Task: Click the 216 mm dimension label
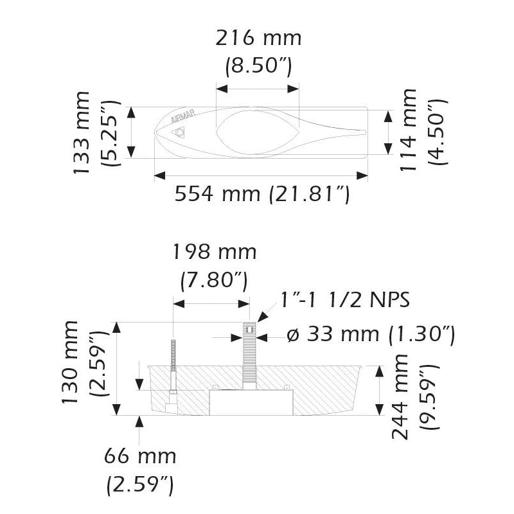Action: click(258, 39)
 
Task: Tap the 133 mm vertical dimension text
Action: click(82, 132)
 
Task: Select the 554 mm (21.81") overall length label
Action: click(262, 193)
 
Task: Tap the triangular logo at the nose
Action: click(180, 133)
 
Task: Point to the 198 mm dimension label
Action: click(214, 253)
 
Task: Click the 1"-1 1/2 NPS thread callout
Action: click(344, 299)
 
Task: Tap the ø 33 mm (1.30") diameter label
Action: click(371, 335)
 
